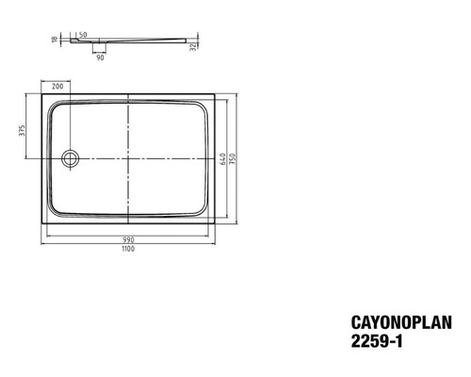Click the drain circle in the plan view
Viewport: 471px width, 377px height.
[71, 150]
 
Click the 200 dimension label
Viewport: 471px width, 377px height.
[57, 87]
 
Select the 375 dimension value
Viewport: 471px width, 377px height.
[22, 130]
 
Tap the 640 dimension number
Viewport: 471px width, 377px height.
[223, 159]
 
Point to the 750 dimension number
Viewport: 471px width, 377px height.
[233, 159]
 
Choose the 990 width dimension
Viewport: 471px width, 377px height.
[128, 240]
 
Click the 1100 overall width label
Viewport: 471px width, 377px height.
[128, 249]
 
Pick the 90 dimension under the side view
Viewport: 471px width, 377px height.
[100, 57]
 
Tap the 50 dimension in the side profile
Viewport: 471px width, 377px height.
[83, 35]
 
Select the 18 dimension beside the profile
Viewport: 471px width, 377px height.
[55, 40]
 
